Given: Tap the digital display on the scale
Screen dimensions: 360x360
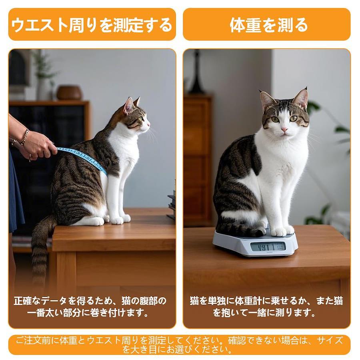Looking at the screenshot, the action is (x=268, y=247).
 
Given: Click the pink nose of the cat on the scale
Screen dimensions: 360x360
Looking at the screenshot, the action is (x=285, y=130).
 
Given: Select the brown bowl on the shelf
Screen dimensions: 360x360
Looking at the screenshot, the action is (x=69, y=93).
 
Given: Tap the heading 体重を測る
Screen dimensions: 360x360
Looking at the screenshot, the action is (x=269, y=25).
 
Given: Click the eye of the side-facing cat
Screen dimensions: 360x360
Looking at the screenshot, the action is (x=140, y=119).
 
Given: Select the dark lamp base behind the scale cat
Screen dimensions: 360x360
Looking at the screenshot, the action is (x=196, y=74).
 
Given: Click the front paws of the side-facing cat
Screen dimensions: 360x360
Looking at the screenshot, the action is (x=120, y=219).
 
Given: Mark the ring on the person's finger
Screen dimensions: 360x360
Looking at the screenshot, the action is (x=30, y=158).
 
